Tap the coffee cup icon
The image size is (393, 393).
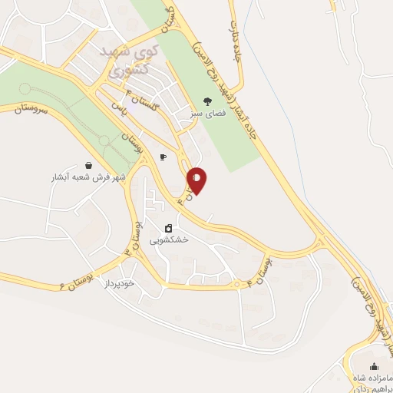click(162, 157)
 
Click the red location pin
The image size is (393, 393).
click(197, 180)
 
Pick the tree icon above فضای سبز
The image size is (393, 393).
click(206, 101)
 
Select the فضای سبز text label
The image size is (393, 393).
click(206, 112)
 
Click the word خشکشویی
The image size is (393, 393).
click(170, 239)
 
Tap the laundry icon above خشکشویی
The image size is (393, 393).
click(169, 228)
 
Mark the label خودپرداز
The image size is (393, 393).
click(119, 283)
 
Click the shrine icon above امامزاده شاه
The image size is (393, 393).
click(374, 367)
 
